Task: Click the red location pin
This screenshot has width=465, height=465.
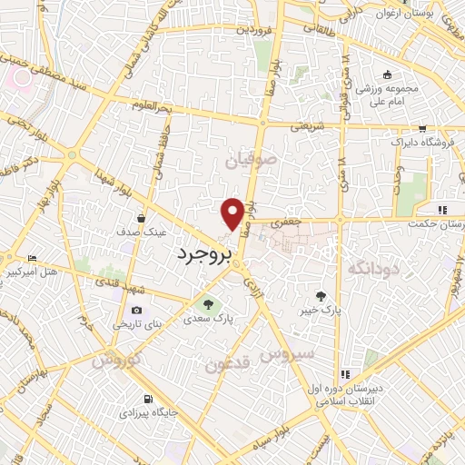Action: click(x=232, y=213)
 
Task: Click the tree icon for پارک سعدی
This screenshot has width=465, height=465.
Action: click(x=210, y=304)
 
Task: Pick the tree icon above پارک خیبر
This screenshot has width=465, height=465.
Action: click(x=321, y=295)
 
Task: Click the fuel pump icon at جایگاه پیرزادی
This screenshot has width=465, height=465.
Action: click(x=147, y=398)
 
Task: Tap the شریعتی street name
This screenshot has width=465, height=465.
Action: click(x=307, y=126)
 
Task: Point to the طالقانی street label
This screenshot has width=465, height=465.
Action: click(x=341, y=26)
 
